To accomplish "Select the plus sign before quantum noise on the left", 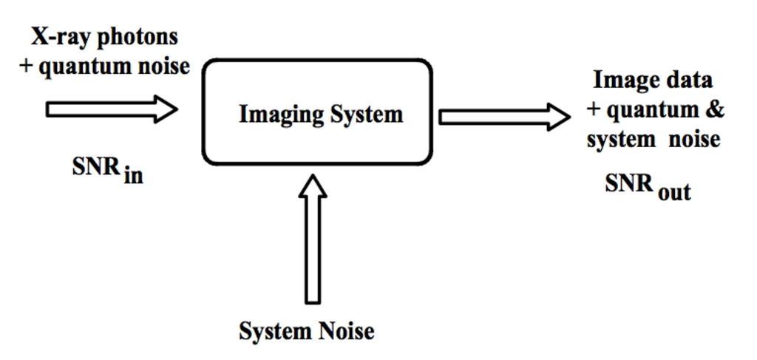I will pos(27,66).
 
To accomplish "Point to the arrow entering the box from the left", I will pos(111,109).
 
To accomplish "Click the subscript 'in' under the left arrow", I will pos(133,176).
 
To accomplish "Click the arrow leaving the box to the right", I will pos(503,117).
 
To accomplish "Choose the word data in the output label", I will pos(689,80).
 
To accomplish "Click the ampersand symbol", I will pos(715,109).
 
